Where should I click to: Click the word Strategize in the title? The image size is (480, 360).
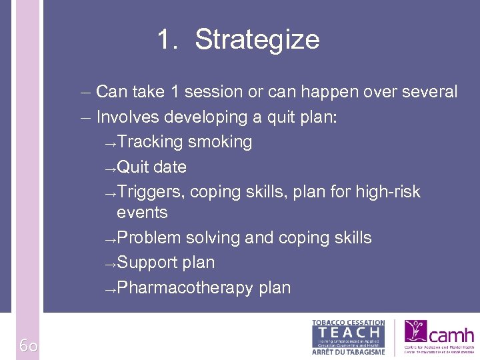point(257,40)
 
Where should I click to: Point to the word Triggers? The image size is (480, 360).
point(151,192)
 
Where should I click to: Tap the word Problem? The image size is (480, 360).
point(149,238)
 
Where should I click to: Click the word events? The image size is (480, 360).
point(142,213)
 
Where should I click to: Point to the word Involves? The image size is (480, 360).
point(128,117)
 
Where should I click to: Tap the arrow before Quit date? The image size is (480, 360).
point(111,168)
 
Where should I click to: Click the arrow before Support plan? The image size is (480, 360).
point(111,264)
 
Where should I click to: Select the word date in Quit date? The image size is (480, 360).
point(169,167)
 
